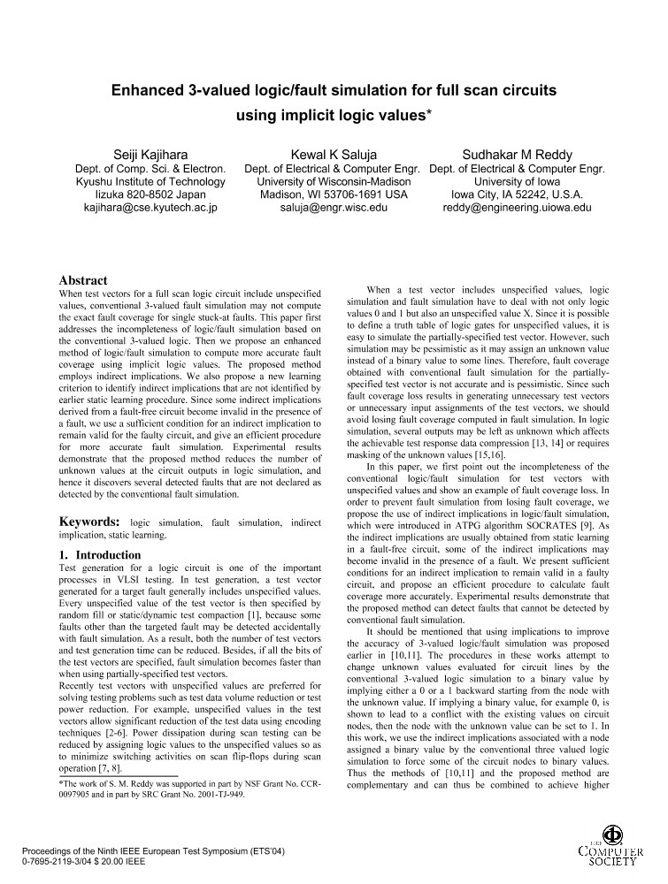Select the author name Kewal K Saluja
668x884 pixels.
(x=334, y=155)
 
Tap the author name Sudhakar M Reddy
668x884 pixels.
(x=517, y=155)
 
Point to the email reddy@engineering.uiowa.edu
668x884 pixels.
(x=517, y=209)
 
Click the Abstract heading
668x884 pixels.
(x=83, y=280)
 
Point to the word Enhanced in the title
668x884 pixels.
(x=152, y=90)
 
